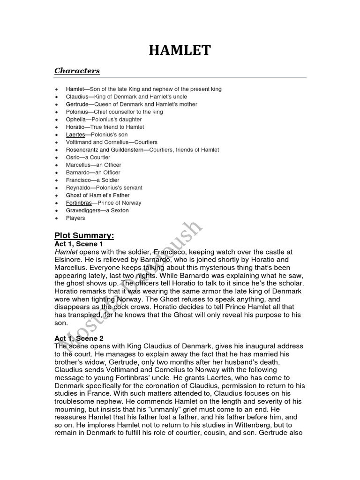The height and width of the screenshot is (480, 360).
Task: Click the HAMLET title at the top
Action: pyautogui.click(x=180, y=50)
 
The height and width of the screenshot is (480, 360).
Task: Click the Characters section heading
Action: pyautogui.click(x=77, y=71)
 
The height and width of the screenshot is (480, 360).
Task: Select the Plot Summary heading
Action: pyautogui.click(x=84, y=235)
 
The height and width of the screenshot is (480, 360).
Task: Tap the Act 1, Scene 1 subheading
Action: pyautogui.click(x=79, y=244)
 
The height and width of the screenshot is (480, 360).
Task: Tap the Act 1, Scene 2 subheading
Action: pyautogui.click(x=79, y=338)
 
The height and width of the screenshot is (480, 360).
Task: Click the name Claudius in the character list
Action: pyautogui.click(x=76, y=97)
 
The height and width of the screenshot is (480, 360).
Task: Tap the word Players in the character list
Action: pyautogui.click(x=75, y=218)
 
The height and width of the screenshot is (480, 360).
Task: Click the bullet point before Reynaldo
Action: pyautogui.click(x=56, y=188)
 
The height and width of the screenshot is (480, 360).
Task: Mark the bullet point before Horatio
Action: pyautogui.click(x=56, y=127)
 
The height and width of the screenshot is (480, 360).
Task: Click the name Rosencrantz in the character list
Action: pyautogui.click(x=82, y=150)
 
